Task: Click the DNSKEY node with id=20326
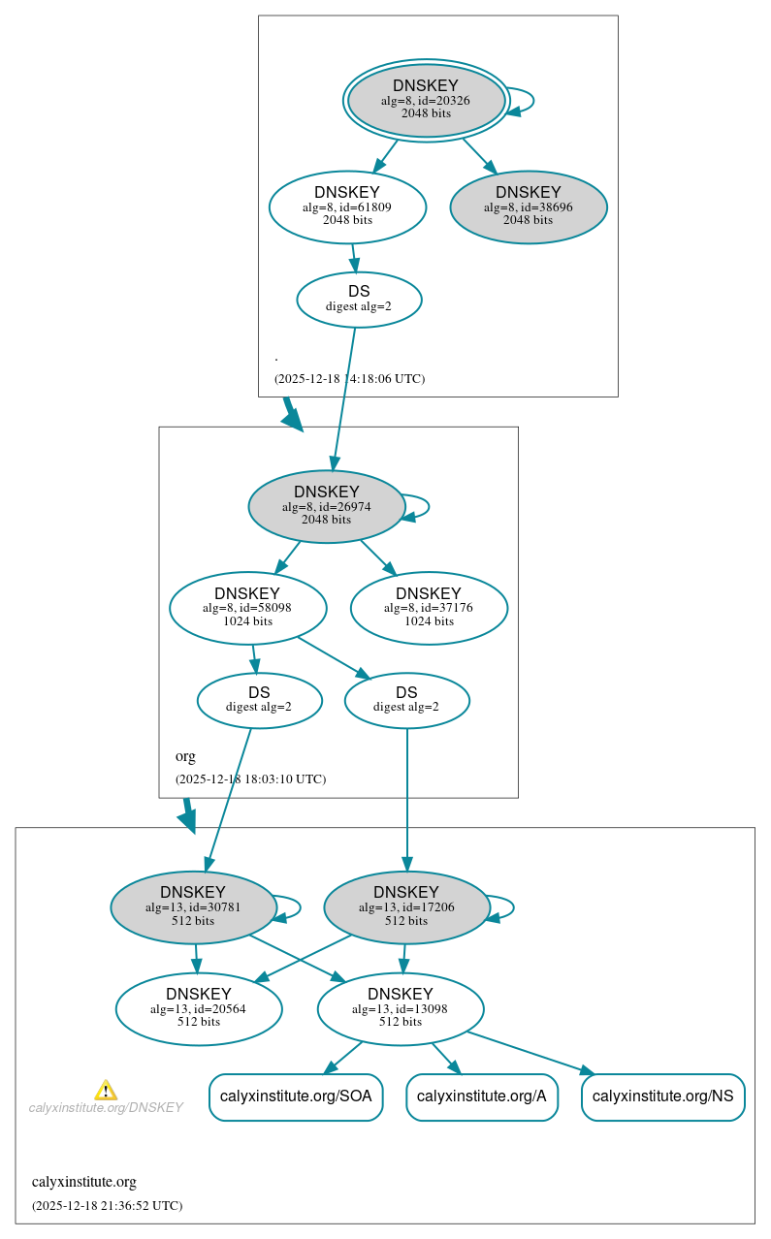[427, 100]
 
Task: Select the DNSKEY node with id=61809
[347, 206]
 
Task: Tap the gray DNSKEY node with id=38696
[529, 206]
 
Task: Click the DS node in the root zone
[359, 299]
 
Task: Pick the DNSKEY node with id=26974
[327, 506]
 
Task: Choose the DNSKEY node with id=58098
[247, 608]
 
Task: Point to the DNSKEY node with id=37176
[429, 608]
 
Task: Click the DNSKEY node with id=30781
[193, 907]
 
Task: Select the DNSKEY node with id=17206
[406, 907]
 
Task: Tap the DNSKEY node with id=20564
[199, 1009]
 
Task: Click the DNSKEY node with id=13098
[401, 1009]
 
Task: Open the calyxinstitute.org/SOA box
[296, 1096]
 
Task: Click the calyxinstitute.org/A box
[482, 1096]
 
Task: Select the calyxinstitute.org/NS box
[663, 1096]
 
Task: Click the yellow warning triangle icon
[106, 1091]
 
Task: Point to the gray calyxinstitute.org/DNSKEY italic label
[106, 1107]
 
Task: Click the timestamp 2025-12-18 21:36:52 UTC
[107, 1206]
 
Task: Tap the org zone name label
[185, 756]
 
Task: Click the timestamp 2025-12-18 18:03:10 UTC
[250, 779]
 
